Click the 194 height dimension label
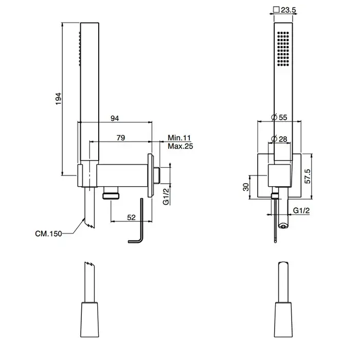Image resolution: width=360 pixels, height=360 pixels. click(x=59, y=99)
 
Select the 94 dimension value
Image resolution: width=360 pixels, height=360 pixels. click(x=115, y=118)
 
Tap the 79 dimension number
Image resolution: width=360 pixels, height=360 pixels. click(x=121, y=138)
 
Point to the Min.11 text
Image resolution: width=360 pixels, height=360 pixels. click(x=179, y=138)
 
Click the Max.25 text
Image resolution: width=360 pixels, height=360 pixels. click(x=180, y=146)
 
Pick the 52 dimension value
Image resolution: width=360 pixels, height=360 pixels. click(x=131, y=218)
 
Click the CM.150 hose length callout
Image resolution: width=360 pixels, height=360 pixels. click(x=48, y=233)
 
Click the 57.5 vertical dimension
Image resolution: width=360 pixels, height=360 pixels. click(x=308, y=176)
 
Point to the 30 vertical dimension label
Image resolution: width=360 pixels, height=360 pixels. click(x=246, y=187)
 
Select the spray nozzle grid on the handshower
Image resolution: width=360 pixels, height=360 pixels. click(x=283, y=49)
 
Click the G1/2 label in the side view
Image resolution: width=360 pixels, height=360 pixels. click(x=166, y=196)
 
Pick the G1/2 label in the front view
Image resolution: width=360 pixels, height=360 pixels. click(x=301, y=210)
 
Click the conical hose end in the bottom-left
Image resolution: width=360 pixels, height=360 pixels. click(x=89, y=320)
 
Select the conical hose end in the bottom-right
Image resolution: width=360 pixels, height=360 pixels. click(x=283, y=320)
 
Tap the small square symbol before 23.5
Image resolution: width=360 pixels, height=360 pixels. click(x=276, y=10)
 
